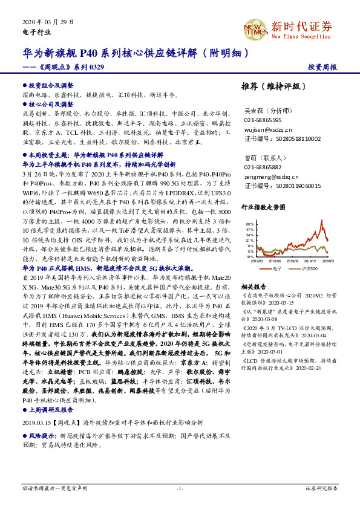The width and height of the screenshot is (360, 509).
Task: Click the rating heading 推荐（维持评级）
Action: [270, 86]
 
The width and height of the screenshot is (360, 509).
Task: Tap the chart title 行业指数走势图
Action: [263, 207]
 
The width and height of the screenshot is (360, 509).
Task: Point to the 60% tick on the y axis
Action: [250, 224]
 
